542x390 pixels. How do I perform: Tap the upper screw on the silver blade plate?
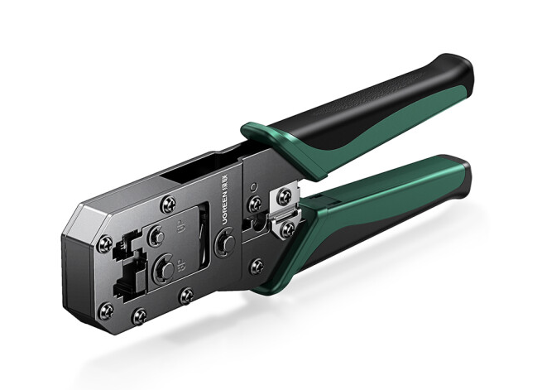[284, 196]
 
